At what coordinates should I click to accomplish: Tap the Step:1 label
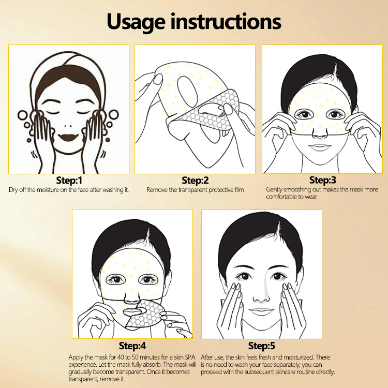[x=69, y=181]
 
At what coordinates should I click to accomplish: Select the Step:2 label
[x=195, y=181]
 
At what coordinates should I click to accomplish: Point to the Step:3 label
[x=323, y=180]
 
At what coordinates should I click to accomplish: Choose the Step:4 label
[x=132, y=346]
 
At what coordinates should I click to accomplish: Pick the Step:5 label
[x=262, y=346]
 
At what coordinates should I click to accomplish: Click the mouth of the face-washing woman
[x=68, y=137]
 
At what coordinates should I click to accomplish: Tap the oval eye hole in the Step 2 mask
[x=188, y=91]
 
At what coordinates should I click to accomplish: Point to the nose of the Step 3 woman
[x=320, y=135]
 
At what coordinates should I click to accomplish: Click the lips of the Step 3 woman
[x=320, y=147]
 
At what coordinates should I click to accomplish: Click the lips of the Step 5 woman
[x=262, y=311]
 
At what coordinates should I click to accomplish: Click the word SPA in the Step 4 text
[x=190, y=357]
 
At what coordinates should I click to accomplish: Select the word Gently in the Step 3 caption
[x=274, y=190]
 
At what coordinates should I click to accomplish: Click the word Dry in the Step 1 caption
[x=13, y=190]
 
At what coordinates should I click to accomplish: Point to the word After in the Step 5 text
[x=206, y=357]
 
